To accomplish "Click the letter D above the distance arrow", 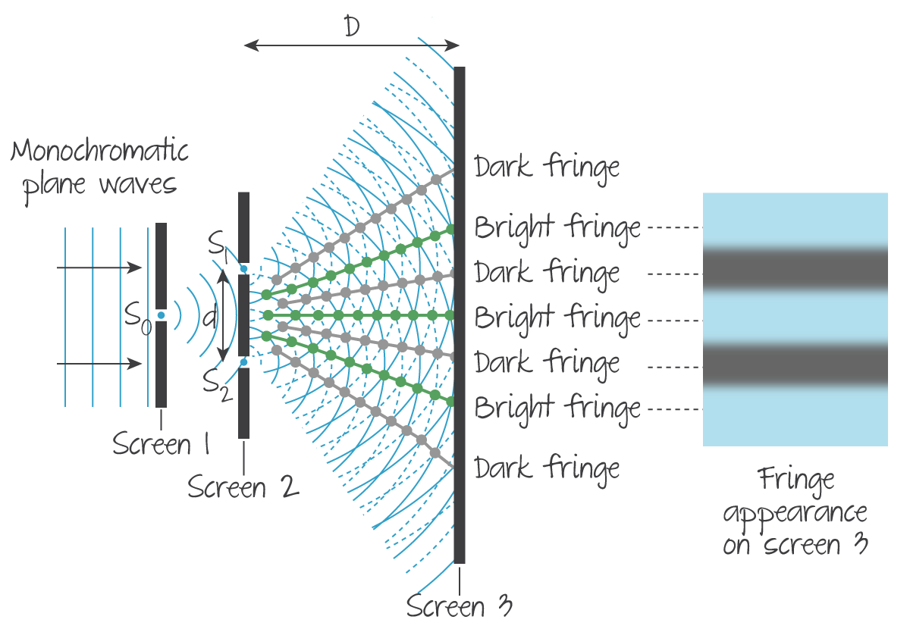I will point(351,28).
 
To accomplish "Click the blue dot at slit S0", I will point(161,315).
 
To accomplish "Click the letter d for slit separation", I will point(210,317).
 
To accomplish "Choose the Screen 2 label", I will point(243,487).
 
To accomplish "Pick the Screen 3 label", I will point(460,606).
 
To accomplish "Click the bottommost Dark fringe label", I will point(547,468).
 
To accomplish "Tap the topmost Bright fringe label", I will point(557,227).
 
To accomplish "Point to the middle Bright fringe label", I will point(557,318).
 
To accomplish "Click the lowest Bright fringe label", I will point(557,408).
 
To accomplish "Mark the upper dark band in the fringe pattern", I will point(795,268).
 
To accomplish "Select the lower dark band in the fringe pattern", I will point(795,365).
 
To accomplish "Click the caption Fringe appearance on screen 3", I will point(794,512).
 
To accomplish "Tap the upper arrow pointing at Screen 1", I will point(99,268).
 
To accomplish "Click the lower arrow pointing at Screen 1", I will point(99,365).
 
